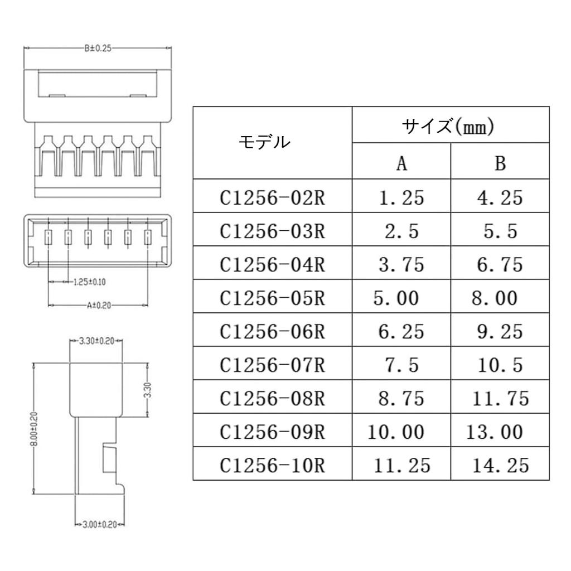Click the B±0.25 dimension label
(x=98, y=49)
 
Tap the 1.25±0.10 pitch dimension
(x=89, y=282)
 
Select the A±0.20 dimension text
(x=98, y=305)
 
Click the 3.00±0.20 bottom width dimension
(x=99, y=525)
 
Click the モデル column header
(x=264, y=143)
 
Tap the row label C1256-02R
(x=272, y=198)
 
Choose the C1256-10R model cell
(x=272, y=465)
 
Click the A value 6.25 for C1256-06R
(x=401, y=332)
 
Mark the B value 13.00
(x=495, y=432)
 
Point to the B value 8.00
(x=495, y=298)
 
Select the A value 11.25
(x=401, y=465)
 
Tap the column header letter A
(x=401, y=163)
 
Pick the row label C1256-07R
(x=272, y=365)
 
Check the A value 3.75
(x=401, y=265)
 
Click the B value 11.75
(x=500, y=398)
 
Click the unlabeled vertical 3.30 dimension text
(x=148, y=390)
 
